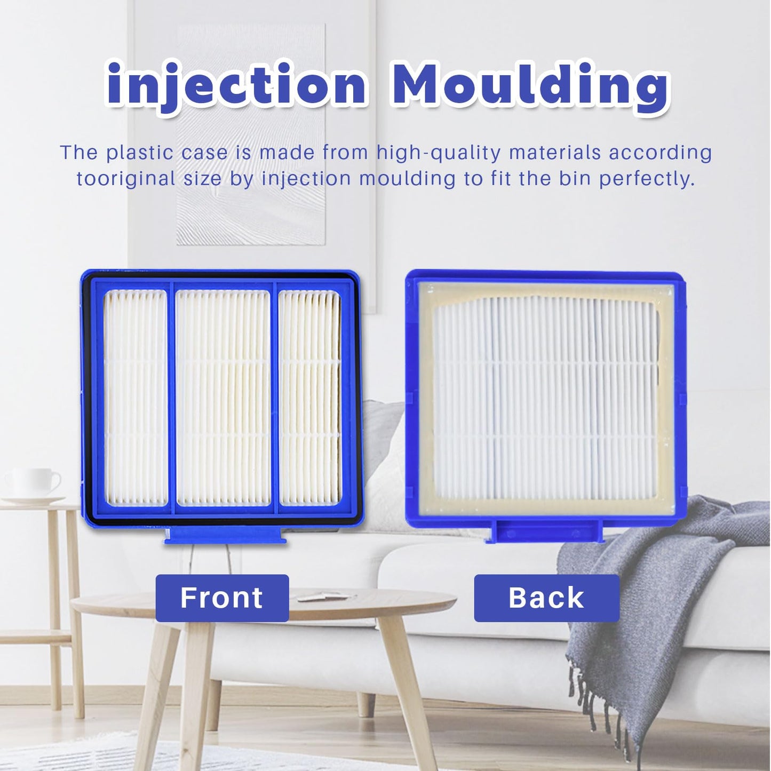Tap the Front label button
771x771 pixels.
222,598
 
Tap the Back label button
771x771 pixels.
546,598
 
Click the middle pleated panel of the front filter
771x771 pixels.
223,398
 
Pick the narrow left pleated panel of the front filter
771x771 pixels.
135,398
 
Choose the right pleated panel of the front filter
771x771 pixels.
309,398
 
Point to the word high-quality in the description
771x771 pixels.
439,153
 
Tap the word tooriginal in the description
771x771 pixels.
126,179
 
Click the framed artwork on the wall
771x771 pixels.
251,133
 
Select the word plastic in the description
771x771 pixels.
140,153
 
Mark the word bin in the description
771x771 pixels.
573,179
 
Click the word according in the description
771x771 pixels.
661,153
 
